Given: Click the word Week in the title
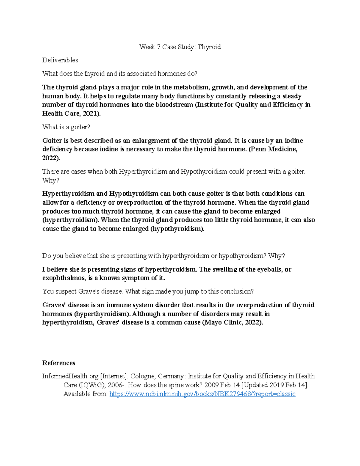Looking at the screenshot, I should (x=147, y=47).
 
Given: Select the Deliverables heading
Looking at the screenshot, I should (x=60, y=60).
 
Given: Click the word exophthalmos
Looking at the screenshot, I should (x=63, y=278).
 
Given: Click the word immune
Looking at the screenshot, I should (x=116, y=305).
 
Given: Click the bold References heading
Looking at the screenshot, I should (x=58, y=363).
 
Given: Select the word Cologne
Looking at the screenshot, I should (x=143, y=376).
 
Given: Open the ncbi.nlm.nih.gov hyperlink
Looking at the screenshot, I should (x=202, y=394).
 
